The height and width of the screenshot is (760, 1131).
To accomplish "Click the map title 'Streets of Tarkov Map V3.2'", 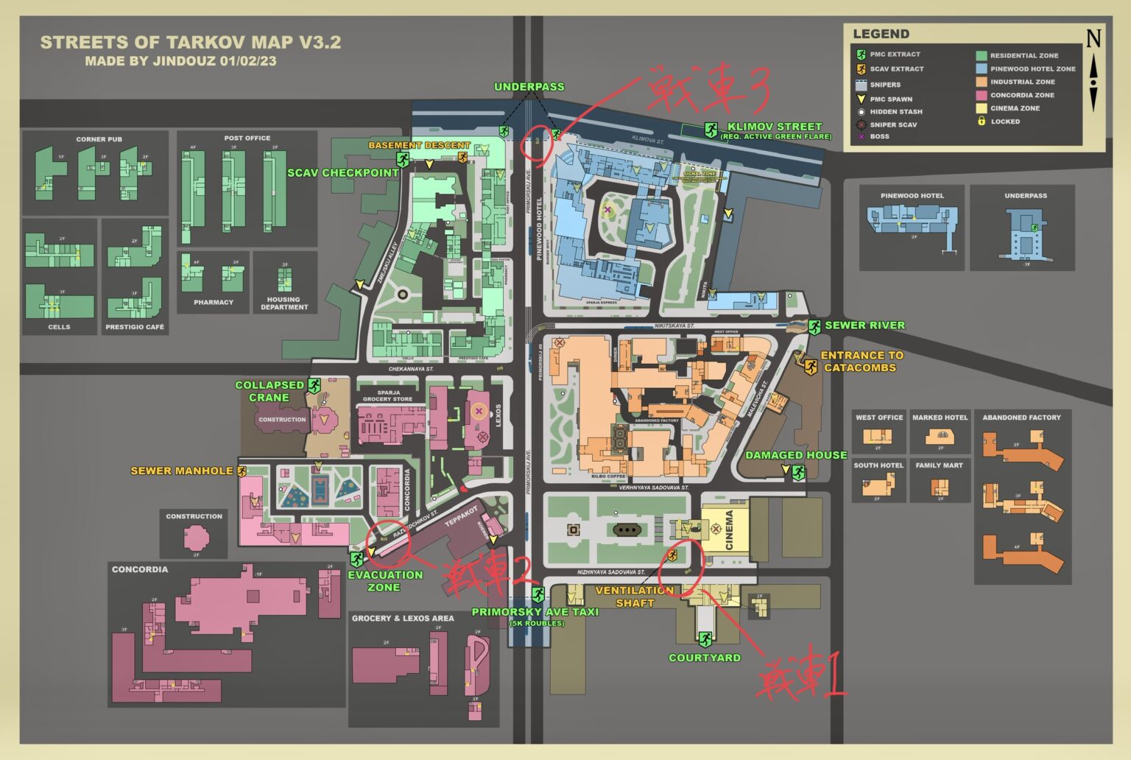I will click(x=190, y=43).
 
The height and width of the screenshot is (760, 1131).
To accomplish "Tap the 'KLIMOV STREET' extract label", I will click(x=774, y=127).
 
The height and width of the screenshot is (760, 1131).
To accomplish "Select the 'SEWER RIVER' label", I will click(x=864, y=325).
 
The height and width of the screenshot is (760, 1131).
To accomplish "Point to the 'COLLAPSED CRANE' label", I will click(x=269, y=391).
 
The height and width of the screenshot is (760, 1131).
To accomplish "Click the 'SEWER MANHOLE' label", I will click(x=181, y=471).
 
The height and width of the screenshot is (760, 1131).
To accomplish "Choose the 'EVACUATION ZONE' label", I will click(x=384, y=581).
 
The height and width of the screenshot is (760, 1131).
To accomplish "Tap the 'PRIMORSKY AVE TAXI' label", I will click(x=535, y=612).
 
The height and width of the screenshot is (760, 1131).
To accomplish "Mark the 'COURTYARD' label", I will click(x=704, y=658).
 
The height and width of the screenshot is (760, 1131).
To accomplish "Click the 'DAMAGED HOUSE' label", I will click(x=795, y=455).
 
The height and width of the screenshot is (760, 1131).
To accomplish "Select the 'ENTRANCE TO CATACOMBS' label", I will click(x=861, y=361).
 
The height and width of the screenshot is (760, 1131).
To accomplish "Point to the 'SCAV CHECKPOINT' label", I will click(x=342, y=173).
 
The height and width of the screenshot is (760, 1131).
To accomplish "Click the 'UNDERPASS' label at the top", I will click(x=529, y=87).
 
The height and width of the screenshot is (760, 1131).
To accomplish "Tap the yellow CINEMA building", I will click(x=725, y=528).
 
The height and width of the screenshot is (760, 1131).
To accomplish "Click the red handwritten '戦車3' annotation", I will click(x=707, y=88).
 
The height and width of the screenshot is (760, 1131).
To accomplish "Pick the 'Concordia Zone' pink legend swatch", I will click(x=981, y=95).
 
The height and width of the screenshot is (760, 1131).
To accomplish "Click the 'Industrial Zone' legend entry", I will click(x=1022, y=82).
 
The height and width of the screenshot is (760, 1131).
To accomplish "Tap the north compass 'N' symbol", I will click(x=1093, y=38).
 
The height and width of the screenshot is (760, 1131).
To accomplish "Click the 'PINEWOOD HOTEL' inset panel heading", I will click(x=912, y=196).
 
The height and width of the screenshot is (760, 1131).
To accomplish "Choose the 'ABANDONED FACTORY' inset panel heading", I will click(x=1021, y=418).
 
